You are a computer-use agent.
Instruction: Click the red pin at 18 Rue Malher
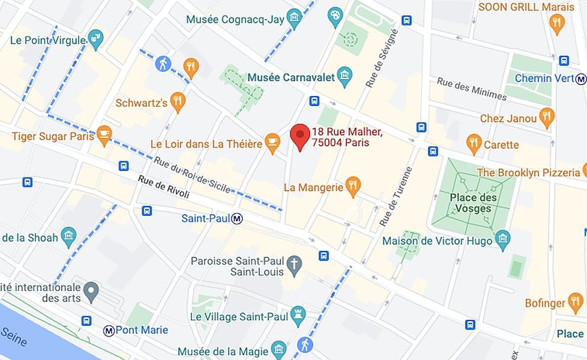coord(300,134)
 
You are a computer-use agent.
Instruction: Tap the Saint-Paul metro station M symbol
coord(237,219)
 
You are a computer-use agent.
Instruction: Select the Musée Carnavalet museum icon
coord(344,75)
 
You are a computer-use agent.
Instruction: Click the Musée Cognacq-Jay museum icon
coord(294,17)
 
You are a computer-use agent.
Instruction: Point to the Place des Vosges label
coord(473,203)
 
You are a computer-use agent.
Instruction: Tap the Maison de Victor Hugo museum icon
coord(503,239)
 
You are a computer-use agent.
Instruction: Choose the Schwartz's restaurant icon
coord(177,101)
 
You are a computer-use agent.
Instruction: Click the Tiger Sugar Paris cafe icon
coord(104,134)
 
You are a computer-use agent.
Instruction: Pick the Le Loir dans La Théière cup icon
coord(272,142)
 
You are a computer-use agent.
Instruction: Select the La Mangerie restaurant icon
coord(352,186)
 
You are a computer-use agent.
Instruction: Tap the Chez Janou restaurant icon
coord(546,116)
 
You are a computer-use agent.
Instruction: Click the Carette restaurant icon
coord(474,143)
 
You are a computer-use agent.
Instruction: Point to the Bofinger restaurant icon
coord(575,301)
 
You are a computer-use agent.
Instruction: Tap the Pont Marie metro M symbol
coord(109,330)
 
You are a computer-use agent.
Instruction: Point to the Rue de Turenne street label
coord(396,196)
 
